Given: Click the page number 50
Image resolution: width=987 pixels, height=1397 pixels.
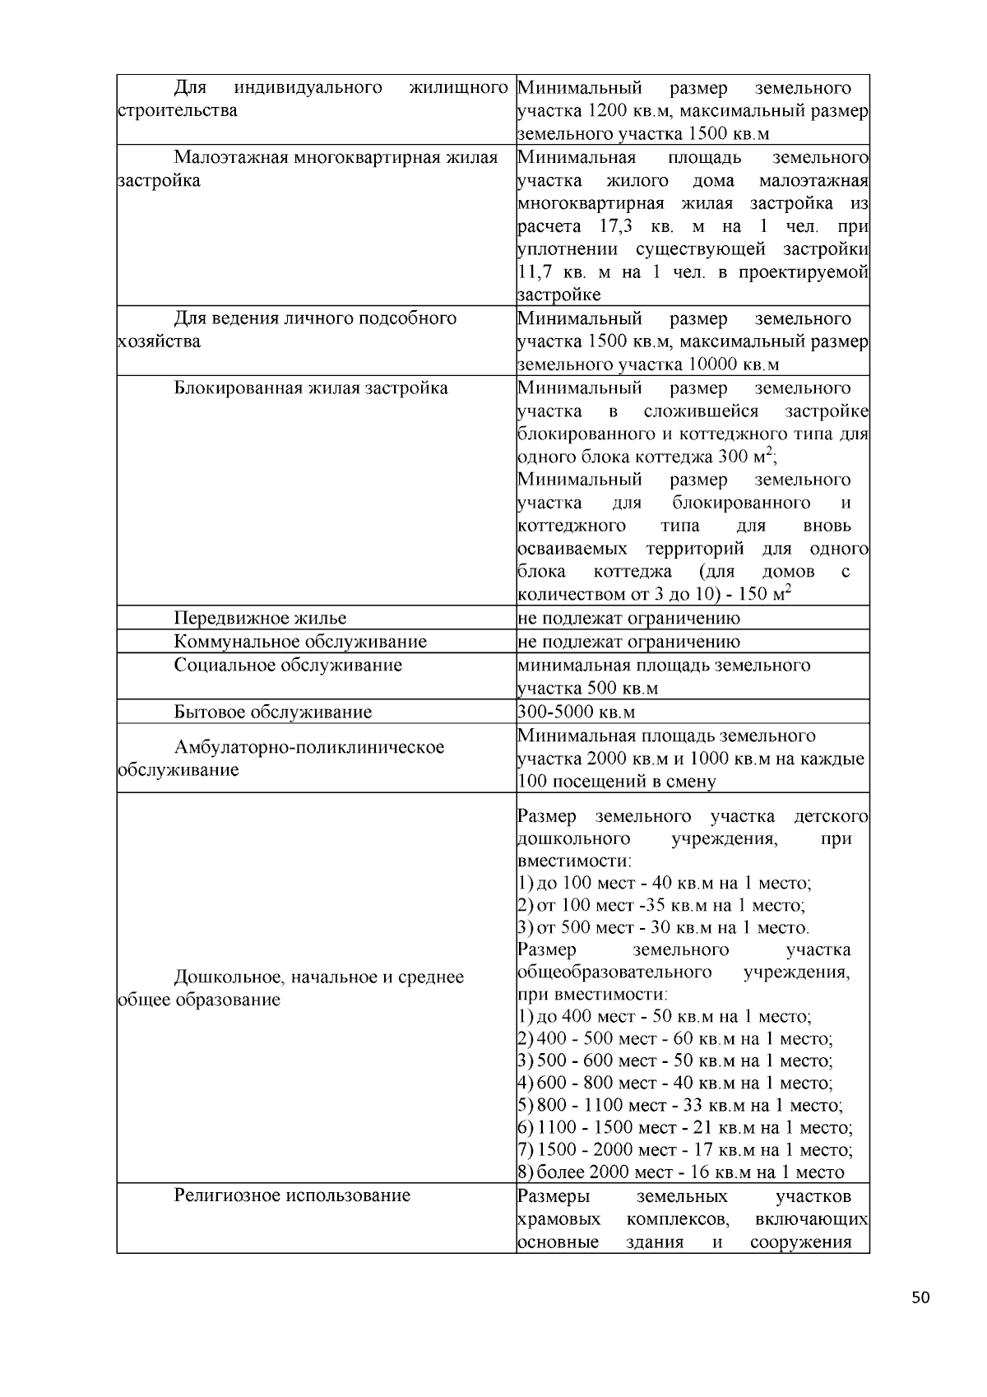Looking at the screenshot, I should click(920, 1297).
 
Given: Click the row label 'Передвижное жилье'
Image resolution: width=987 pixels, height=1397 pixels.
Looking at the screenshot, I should click(260, 618).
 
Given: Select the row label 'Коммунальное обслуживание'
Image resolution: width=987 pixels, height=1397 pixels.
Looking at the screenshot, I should click(300, 642).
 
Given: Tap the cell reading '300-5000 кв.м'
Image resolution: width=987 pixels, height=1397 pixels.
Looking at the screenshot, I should click(577, 712).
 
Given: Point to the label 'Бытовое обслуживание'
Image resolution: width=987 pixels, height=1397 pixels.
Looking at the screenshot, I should click(272, 712).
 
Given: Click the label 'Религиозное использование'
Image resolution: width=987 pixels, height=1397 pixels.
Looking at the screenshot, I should click(291, 1195).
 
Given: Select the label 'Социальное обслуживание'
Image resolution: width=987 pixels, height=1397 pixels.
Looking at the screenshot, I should click(288, 665).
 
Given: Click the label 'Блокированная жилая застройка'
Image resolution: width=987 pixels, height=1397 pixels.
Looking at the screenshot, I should click(311, 388).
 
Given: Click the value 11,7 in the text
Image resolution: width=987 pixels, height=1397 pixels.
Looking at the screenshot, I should click(538, 272).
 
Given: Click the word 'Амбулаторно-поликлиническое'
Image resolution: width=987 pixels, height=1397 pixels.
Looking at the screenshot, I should click(308, 747).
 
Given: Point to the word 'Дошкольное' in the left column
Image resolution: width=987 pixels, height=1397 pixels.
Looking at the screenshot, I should click(223, 977).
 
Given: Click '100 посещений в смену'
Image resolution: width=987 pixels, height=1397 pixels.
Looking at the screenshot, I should click(617, 782).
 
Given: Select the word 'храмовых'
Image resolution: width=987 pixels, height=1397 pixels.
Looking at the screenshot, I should click(558, 1218).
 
